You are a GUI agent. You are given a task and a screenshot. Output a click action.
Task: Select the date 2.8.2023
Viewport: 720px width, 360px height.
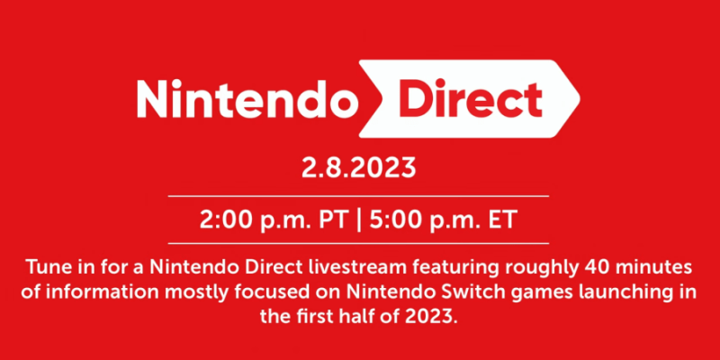point(359,168)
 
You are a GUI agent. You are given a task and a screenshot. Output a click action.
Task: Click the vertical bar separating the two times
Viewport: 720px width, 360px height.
point(361,219)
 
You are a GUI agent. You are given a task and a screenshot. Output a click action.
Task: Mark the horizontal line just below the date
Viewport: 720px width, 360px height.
point(359,195)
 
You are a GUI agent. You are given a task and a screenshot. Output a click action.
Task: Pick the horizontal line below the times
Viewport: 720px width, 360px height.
point(359,243)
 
